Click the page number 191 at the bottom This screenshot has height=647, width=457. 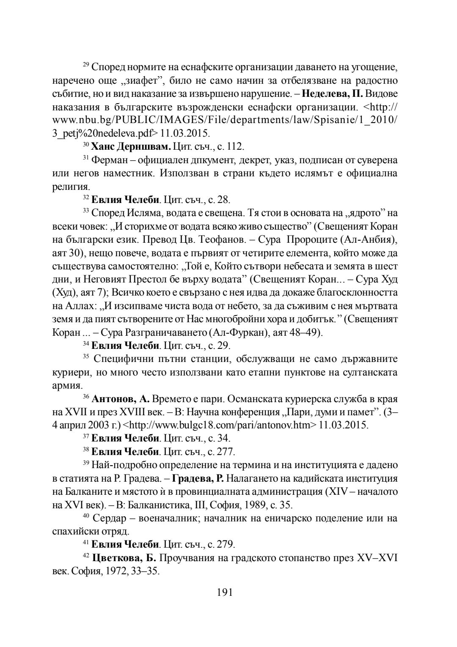(225, 592)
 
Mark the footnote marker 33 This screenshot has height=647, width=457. (85, 211)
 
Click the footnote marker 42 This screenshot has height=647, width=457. (85, 556)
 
